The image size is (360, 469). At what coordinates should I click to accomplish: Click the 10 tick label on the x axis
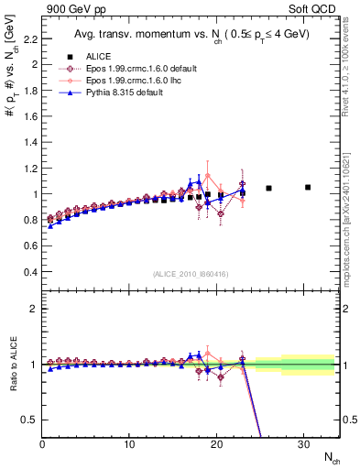129,445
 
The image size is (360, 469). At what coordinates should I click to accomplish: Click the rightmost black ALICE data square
308,187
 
